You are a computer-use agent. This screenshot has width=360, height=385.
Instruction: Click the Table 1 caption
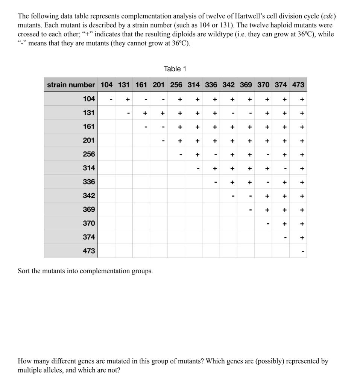pos(175,69)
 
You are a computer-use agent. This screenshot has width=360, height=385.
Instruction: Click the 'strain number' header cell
pos(71,85)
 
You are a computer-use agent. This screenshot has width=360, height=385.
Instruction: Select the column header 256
pos(176,85)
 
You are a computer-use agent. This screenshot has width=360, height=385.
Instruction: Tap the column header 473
pos(298,85)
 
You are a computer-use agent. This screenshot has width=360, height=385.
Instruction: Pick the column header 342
pos(228,85)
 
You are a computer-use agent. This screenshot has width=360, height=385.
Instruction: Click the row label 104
pos(89,99)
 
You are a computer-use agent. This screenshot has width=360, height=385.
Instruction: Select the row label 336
pos(89,182)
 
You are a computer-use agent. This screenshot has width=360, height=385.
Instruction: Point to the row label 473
pos(89,251)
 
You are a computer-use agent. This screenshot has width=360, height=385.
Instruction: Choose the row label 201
pos(89,140)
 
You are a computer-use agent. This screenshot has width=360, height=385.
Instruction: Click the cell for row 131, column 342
pos(232,113)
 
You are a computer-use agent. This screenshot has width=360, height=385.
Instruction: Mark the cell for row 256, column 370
pos(267,155)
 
